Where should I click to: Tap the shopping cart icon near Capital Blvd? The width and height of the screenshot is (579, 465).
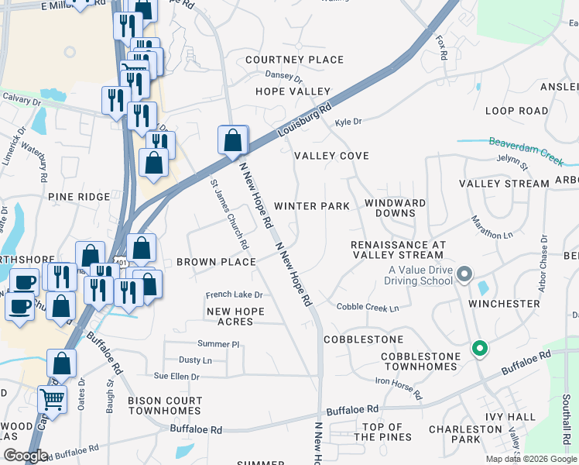52,399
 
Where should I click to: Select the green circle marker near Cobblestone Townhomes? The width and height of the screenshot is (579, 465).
480,349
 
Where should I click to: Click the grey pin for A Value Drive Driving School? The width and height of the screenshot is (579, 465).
464,274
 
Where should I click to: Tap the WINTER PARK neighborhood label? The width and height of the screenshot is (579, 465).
312,206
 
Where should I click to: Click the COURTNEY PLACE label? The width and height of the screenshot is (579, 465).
294,60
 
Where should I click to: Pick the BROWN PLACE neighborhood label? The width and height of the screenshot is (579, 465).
216,262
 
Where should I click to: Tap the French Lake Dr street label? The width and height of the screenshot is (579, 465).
234,294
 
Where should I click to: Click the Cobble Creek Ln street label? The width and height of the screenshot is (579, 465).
368,308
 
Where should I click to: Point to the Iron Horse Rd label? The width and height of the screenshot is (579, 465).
399,388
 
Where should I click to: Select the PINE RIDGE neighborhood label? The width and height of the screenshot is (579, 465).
79,197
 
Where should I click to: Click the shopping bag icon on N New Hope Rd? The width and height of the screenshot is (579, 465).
233,140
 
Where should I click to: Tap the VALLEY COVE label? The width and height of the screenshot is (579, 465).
331,156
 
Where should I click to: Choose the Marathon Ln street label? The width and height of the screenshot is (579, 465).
492,228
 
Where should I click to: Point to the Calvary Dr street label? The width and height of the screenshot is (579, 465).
21,100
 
